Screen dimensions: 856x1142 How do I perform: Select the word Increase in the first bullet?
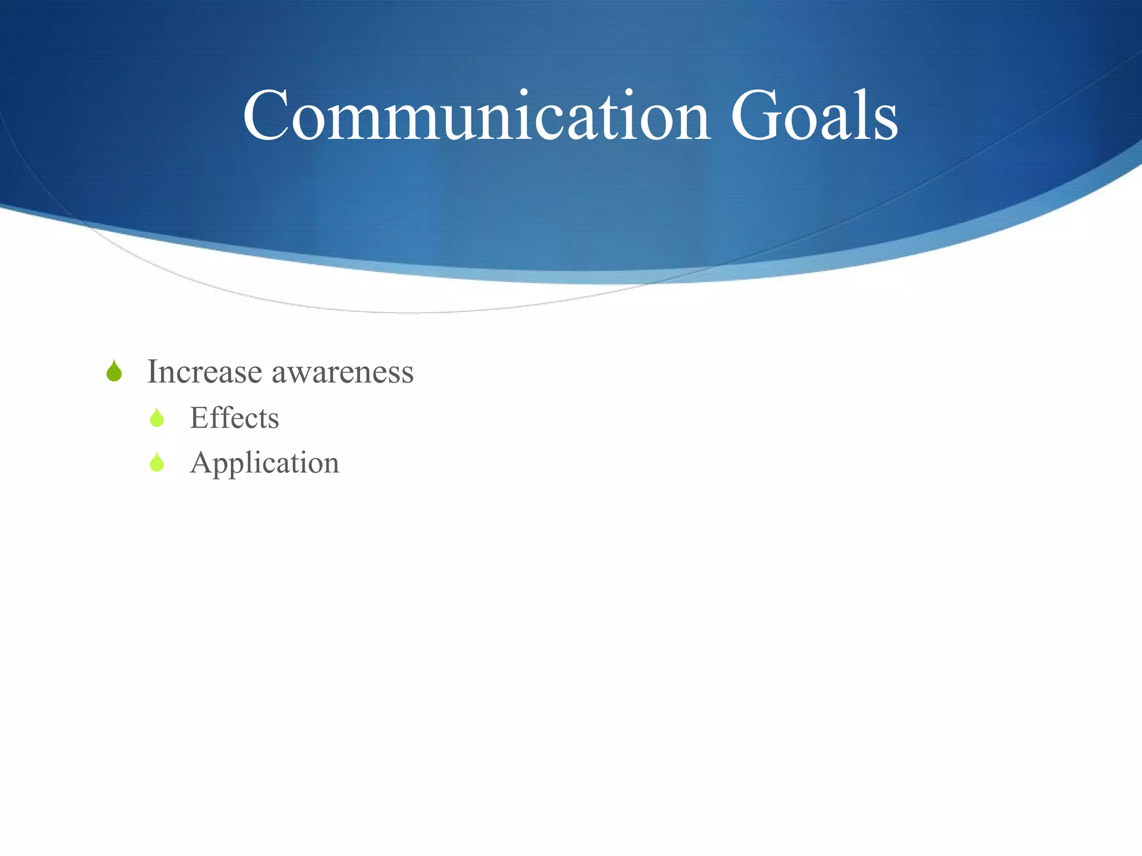204,372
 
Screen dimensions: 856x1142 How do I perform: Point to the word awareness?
342,373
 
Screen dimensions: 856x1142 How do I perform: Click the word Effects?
234,418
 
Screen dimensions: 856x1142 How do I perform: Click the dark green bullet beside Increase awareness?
114,371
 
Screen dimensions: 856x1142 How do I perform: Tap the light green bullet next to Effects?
157,417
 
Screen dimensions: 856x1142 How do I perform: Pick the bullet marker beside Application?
157,463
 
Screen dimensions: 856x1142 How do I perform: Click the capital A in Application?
201,463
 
